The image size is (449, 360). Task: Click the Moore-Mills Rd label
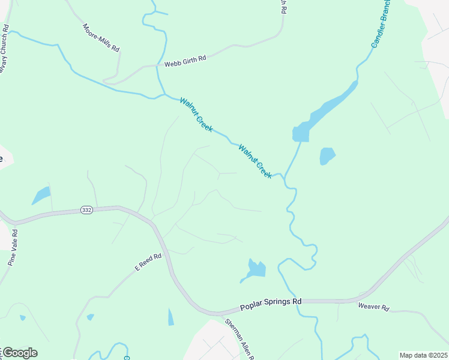point(101,38)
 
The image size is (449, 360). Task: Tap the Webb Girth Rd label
point(181,60)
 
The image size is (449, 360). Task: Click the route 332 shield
point(86,210)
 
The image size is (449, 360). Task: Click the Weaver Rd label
point(373,307)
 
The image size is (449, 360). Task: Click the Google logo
point(19,353)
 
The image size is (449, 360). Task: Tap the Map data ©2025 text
point(423,355)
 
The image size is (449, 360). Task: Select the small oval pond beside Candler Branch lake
point(327,156)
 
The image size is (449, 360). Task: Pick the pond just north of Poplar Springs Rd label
point(256,269)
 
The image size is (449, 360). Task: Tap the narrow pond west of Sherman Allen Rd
point(170,316)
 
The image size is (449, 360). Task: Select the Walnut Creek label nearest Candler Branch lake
point(255,161)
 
